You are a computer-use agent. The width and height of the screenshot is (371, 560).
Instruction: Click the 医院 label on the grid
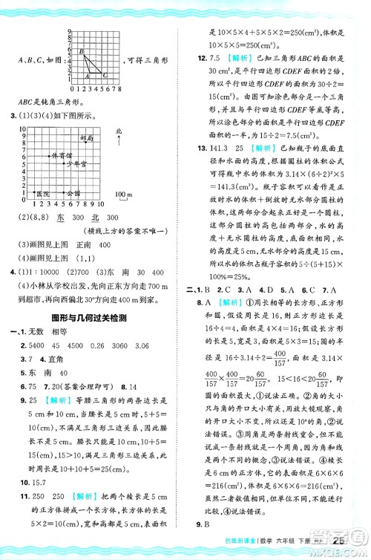(x=43, y=193)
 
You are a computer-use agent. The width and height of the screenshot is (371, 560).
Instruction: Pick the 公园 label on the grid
(x=73, y=192)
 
